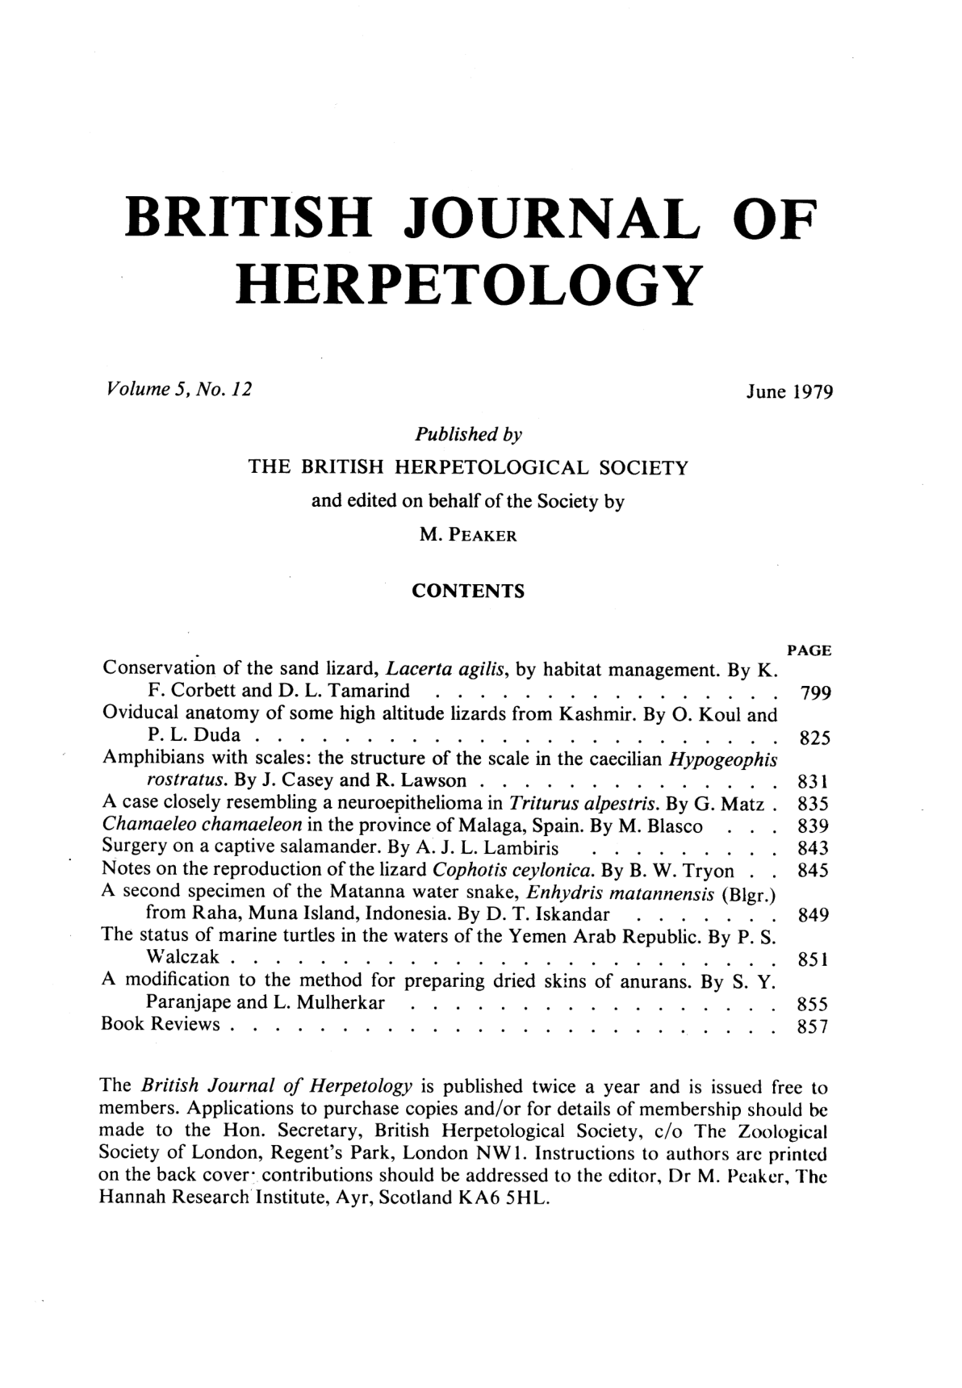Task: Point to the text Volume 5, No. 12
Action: coord(174,391)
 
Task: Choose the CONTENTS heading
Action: coord(468,592)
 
